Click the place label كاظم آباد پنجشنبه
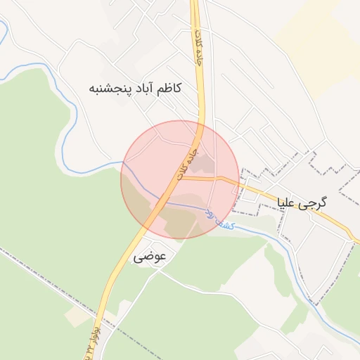(135, 89)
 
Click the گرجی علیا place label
(303, 202)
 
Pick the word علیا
(290, 202)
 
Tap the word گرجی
(315, 202)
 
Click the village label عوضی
(150, 257)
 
